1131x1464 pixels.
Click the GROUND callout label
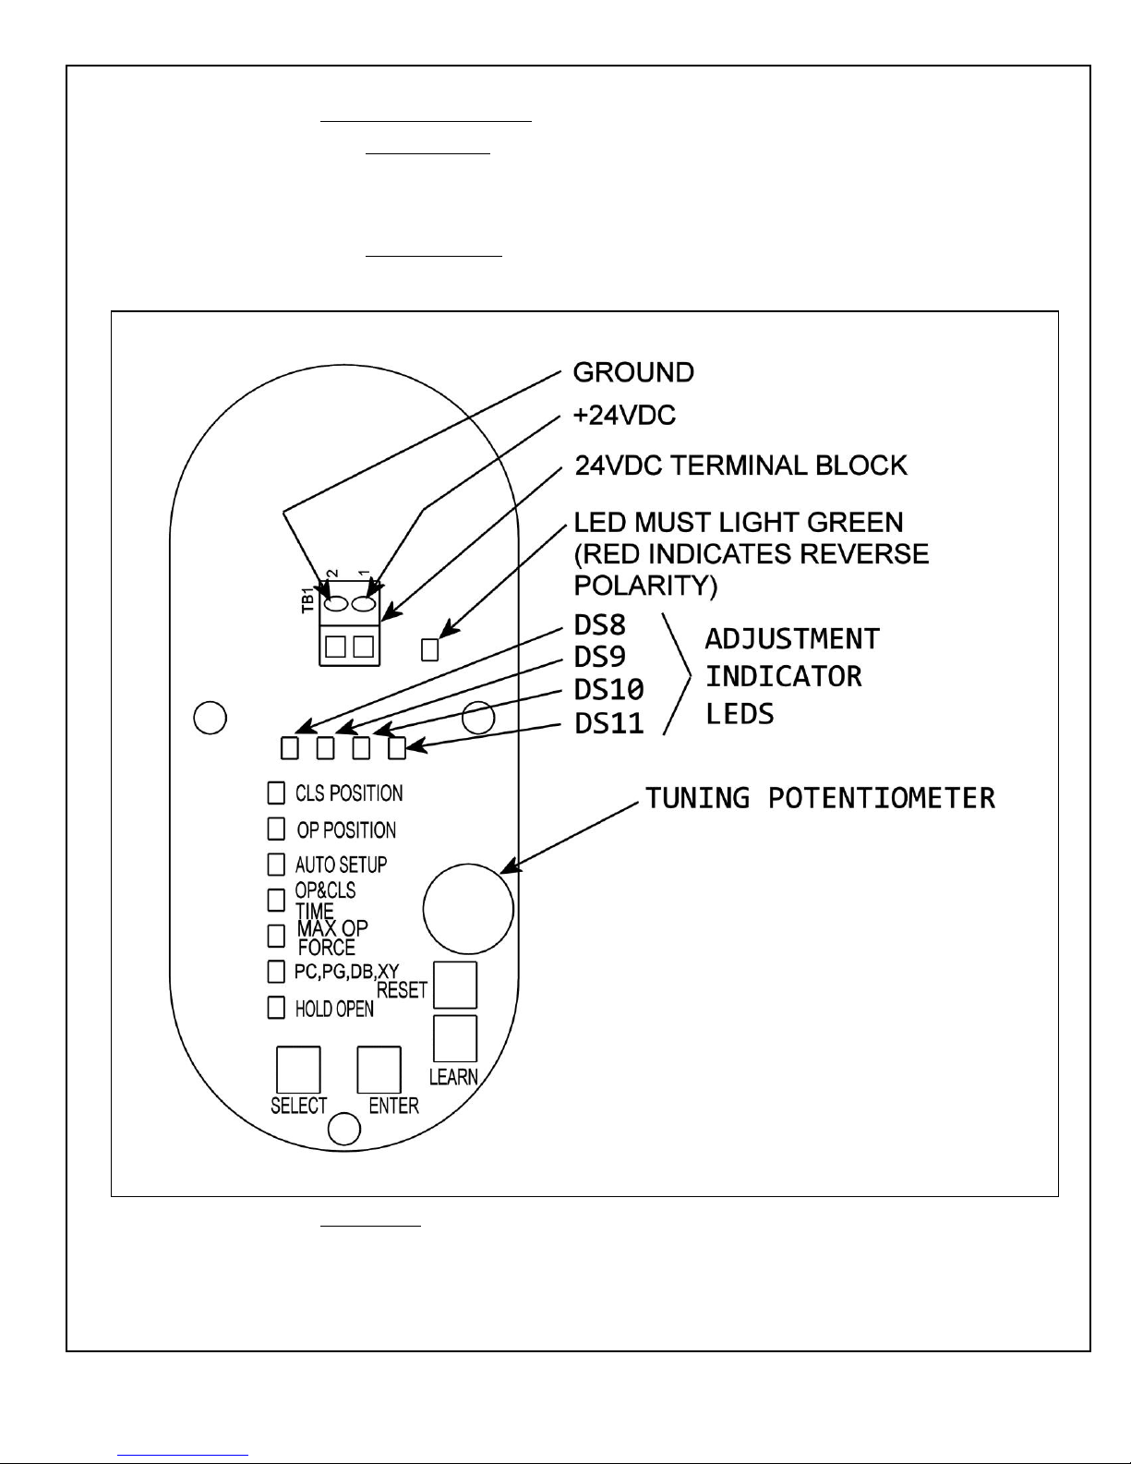tap(632, 372)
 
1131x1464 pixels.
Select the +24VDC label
tap(624, 416)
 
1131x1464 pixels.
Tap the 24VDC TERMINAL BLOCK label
tap(740, 466)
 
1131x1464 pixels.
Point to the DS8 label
tap(600, 625)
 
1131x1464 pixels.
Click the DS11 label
tap(609, 723)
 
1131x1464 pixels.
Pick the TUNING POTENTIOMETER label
tap(820, 798)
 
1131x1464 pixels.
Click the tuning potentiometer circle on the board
tap(469, 909)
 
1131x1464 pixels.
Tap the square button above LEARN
tap(455, 1038)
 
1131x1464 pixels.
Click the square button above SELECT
tap(298, 1070)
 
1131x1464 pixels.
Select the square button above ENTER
tap(379, 1070)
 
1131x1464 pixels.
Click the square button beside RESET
tap(455, 985)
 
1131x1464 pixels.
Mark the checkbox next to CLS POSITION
tap(276, 793)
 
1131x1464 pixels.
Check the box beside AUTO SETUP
tap(276, 865)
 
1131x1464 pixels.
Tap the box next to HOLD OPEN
tap(276, 1007)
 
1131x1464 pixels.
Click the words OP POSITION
tap(346, 830)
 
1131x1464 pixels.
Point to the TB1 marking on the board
tap(307, 600)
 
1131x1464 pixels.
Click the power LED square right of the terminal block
tap(429, 650)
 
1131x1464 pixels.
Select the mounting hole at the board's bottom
tap(344, 1129)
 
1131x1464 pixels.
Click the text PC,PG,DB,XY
tap(347, 971)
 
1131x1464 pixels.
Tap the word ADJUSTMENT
tap(792, 638)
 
